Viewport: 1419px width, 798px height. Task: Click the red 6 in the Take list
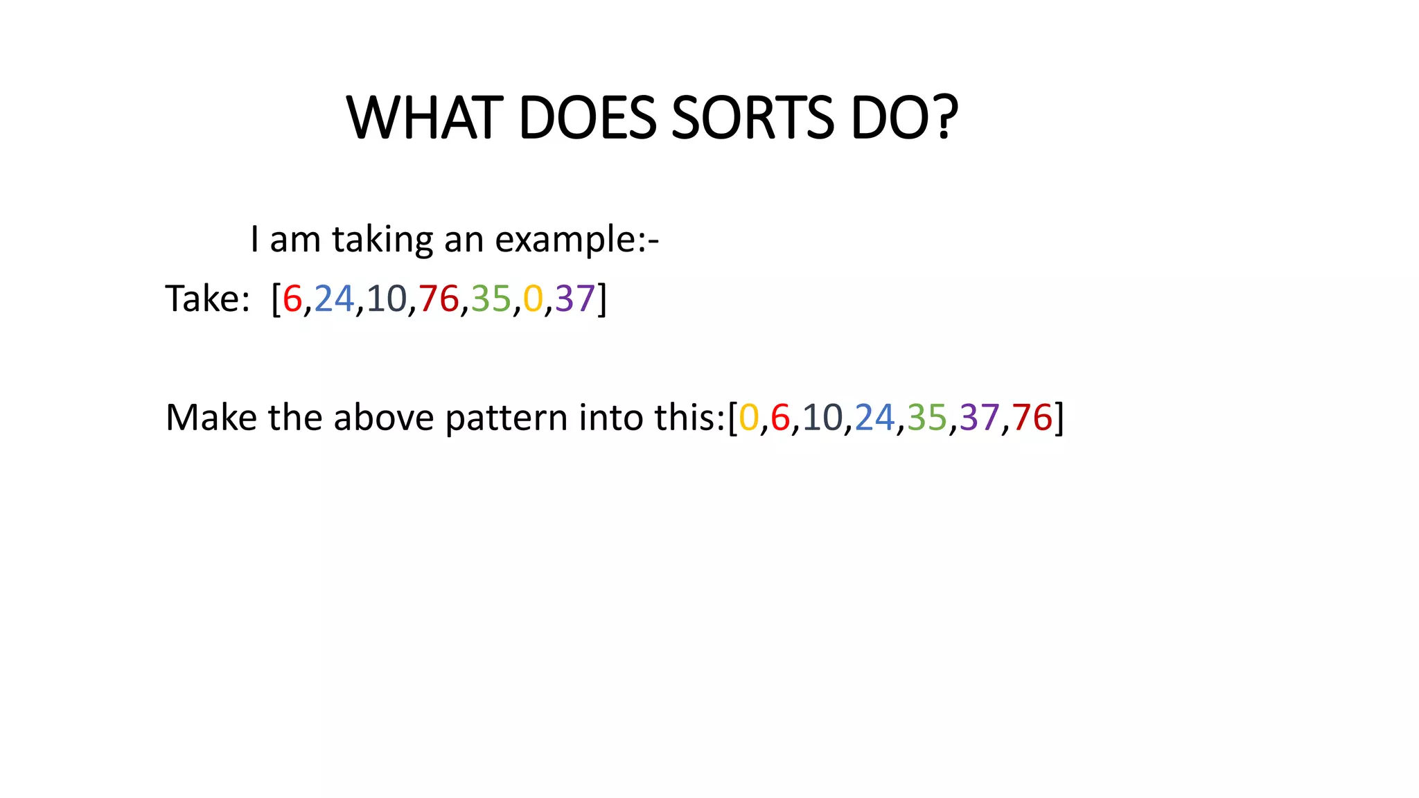click(x=292, y=299)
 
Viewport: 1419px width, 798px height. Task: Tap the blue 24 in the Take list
click(x=334, y=299)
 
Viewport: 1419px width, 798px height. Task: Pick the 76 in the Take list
click(x=439, y=299)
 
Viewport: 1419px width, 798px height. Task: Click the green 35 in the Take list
click(x=491, y=299)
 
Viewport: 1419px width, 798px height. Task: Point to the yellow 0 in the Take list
click(x=533, y=299)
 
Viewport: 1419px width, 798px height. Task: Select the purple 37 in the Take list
click(x=575, y=299)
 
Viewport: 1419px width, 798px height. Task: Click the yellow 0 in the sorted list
click(x=749, y=418)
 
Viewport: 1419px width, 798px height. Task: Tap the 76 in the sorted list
click(x=1032, y=418)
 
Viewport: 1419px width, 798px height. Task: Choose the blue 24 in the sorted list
click(x=874, y=418)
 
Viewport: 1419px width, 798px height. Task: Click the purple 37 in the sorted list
click(x=979, y=418)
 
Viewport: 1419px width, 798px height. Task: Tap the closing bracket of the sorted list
click(x=1059, y=418)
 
